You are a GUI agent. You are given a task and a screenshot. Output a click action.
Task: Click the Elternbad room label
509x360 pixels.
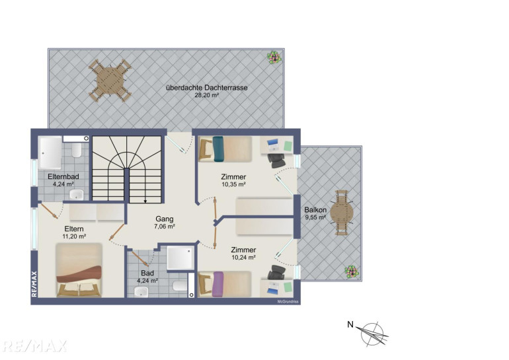click(x=63, y=177)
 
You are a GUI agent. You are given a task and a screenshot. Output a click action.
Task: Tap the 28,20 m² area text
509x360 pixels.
click(x=206, y=95)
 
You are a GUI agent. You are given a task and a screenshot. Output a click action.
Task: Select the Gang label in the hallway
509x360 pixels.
click(x=165, y=219)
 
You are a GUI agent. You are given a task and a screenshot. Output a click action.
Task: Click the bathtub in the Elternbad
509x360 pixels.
click(x=50, y=153)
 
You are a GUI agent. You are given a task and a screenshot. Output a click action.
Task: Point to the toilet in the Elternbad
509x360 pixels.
click(x=77, y=150)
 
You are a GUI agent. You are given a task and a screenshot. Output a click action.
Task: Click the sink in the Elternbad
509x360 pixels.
click(x=77, y=195)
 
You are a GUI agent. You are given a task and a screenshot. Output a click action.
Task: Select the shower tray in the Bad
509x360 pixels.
click(x=180, y=258)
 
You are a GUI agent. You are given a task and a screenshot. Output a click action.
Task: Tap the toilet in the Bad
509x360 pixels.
click(x=180, y=286)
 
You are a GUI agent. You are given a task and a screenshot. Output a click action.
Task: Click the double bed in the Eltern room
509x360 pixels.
click(x=79, y=270)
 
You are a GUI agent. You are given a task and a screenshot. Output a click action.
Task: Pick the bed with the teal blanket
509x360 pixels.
click(x=225, y=149)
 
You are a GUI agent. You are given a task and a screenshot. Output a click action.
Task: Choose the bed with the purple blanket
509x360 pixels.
click(x=225, y=284)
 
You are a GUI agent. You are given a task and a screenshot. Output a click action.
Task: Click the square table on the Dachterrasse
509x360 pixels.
click(x=110, y=81)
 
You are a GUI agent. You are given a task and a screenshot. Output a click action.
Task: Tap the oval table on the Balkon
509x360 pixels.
click(x=342, y=213)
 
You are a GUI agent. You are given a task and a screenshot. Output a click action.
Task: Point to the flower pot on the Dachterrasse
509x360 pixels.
click(x=274, y=58)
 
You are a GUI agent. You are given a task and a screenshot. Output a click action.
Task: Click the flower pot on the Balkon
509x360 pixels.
click(x=352, y=271)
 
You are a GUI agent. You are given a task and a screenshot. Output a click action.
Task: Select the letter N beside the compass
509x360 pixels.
click(x=350, y=324)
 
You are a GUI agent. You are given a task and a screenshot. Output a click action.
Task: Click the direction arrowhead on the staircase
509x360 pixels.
click(x=145, y=201)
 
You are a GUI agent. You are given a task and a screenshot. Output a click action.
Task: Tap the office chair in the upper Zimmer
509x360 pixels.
click(x=276, y=161)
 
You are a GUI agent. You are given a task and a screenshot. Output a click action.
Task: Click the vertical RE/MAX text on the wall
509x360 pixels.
click(x=34, y=284)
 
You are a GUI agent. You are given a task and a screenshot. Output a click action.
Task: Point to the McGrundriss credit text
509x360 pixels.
click(x=288, y=302)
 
